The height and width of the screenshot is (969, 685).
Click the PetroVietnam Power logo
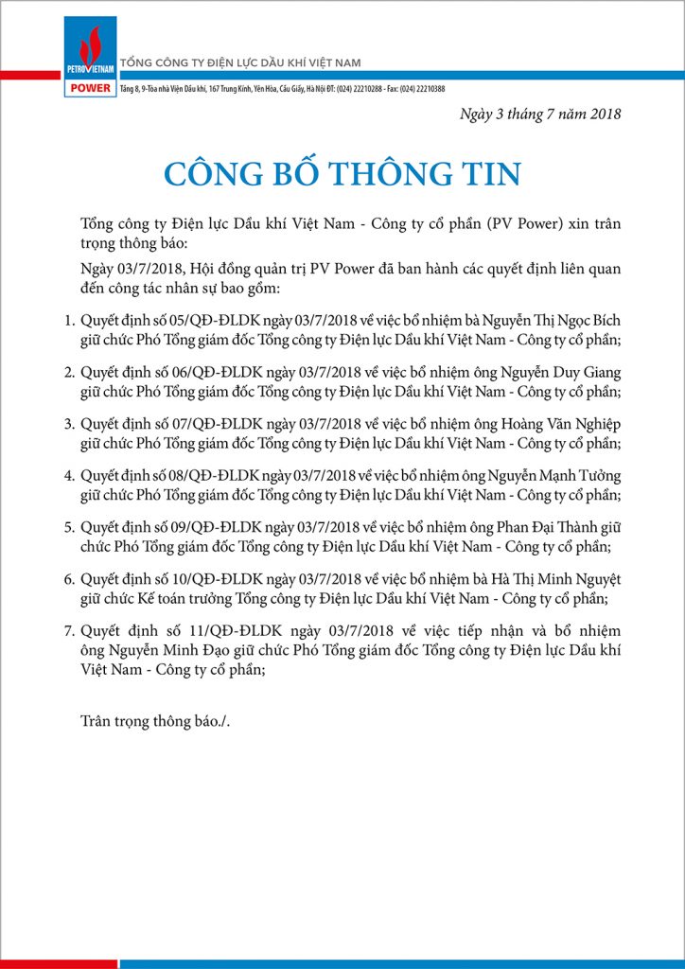pos(91,58)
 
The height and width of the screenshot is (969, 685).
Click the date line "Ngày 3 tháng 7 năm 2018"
pos(540,115)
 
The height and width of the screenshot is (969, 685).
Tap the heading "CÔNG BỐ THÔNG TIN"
pos(342,174)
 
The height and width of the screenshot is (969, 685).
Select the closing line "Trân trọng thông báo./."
pos(155,721)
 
